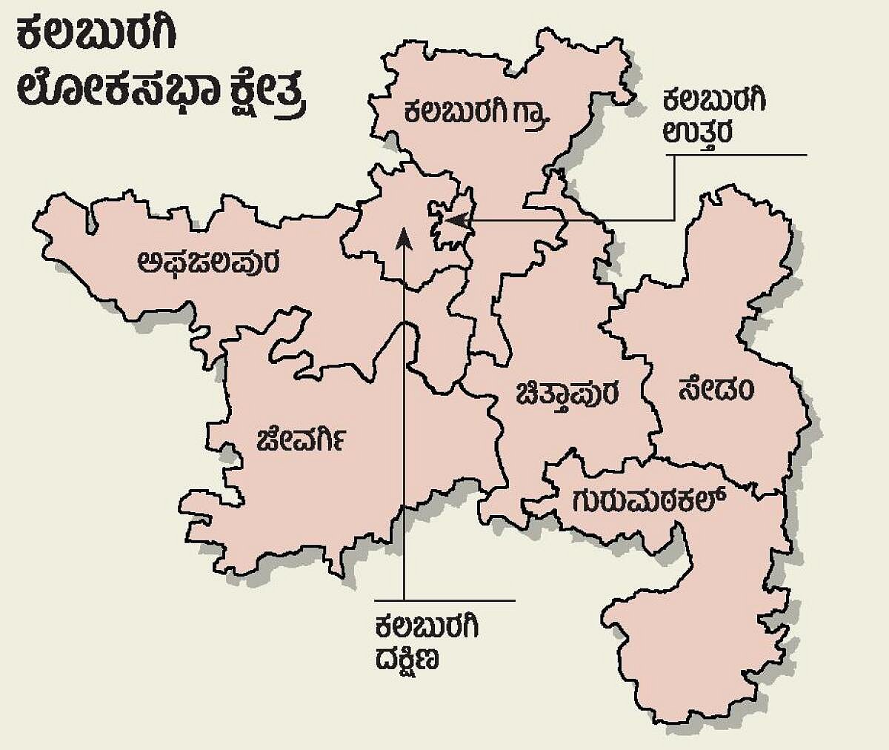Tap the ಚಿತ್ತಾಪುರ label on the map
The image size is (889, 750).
569,393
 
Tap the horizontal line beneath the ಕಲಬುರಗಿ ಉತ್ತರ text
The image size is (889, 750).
737,155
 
